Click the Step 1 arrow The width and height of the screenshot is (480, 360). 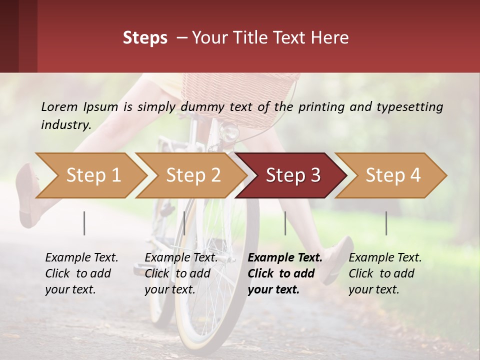92,175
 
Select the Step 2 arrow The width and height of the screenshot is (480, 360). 192,175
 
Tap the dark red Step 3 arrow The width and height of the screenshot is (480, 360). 292,175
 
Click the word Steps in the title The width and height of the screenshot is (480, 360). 145,37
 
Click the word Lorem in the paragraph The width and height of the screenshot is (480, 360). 59,106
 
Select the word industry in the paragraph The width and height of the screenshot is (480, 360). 65,124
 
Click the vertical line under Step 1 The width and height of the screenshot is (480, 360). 84,223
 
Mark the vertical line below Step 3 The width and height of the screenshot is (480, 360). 285,223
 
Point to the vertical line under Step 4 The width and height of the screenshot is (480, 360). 386,223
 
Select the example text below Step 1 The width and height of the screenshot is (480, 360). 81,273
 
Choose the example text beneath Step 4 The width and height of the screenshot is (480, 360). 384,273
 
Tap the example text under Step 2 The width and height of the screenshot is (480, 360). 180,273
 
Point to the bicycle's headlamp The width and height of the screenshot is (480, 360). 230,132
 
